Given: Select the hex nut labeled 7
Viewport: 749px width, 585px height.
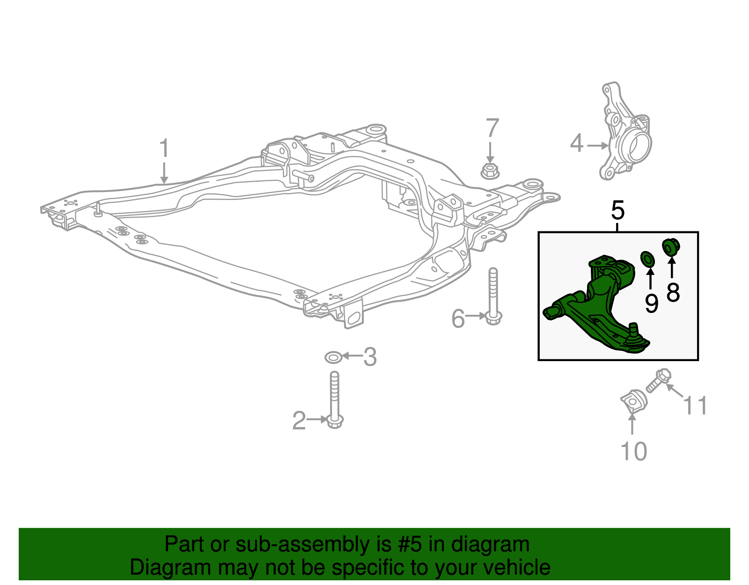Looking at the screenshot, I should click(x=490, y=171).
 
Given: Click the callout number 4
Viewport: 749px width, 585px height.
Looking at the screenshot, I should click(x=577, y=143).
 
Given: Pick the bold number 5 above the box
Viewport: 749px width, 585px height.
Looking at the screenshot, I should click(x=618, y=211).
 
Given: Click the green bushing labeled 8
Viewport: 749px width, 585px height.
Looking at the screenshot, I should click(x=671, y=246).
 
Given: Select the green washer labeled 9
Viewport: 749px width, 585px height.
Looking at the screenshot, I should click(x=648, y=258).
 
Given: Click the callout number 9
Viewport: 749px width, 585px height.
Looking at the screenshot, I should click(x=651, y=304).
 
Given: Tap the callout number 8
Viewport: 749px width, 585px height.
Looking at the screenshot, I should click(x=673, y=293).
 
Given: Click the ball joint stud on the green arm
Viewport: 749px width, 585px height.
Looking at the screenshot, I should click(x=633, y=330).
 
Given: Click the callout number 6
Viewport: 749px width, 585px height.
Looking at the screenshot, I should click(x=458, y=319).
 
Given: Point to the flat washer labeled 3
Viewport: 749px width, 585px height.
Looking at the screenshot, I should click(x=333, y=358).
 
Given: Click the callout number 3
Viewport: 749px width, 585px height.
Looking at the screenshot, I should click(x=370, y=357).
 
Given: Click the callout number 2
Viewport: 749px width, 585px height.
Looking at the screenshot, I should click(x=299, y=421).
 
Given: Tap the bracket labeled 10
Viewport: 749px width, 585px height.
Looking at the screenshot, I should click(x=633, y=400).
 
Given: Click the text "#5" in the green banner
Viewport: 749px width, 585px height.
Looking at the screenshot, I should click(x=410, y=545).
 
